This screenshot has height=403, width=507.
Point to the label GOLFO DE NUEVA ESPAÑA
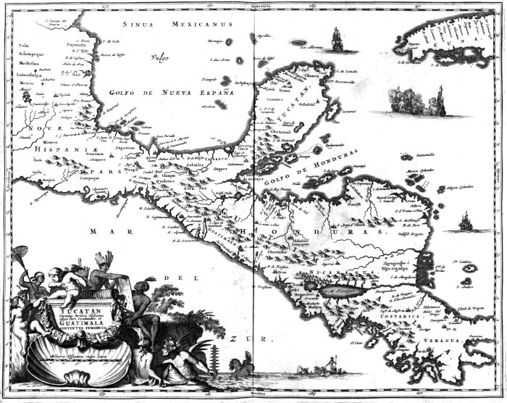pyautogui.click(x=180, y=94)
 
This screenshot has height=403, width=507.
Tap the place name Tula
pyautogui.click(x=14, y=45)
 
